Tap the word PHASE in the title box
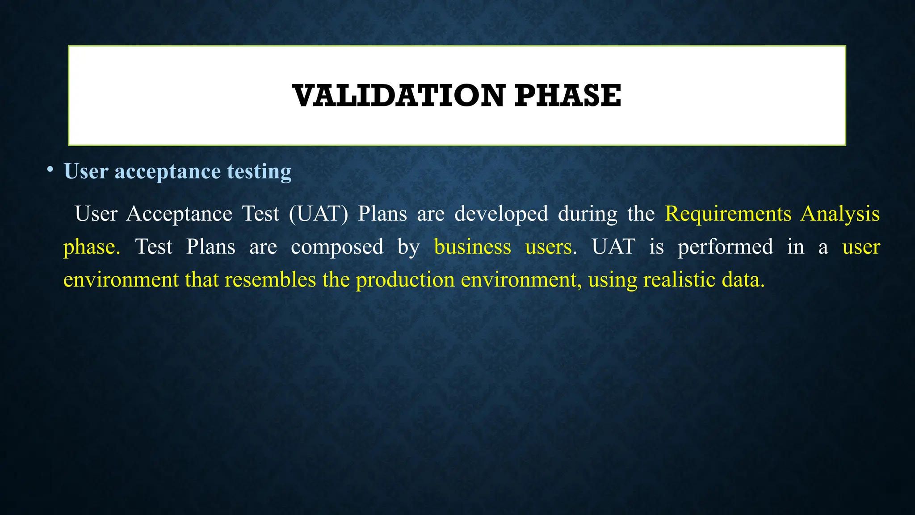[x=567, y=96]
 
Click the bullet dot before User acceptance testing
[x=50, y=169]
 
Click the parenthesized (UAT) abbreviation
[x=318, y=214]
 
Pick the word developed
[x=501, y=214]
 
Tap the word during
[x=587, y=214]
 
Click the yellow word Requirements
[x=728, y=214]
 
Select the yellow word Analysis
[x=840, y=214]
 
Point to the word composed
[x=337, y=247]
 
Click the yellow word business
[x=472, y=247]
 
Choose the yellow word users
[x=548, y=247]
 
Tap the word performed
[x=725, y=247]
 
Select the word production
[x=405, y=280]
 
